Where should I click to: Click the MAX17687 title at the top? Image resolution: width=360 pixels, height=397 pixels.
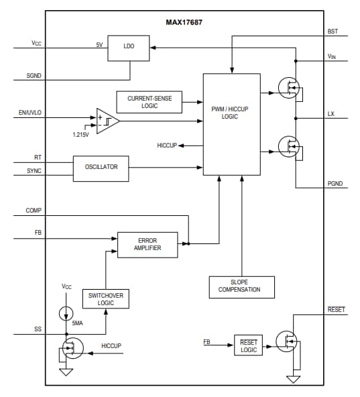coord(184,22)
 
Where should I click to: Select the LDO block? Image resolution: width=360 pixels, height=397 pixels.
coord(129,46)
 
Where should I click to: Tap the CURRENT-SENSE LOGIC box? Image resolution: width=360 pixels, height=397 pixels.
coord(149,102)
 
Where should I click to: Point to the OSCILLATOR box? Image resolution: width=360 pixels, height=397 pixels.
coord(101,168)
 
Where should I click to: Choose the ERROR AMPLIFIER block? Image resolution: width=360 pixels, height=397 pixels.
coord(147,244)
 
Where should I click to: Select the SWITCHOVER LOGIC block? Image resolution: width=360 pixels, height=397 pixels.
coord(105,299)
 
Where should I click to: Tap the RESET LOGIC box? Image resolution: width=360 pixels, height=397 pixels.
coord(248,346)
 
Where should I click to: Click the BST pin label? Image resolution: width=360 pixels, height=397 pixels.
coord(333,32)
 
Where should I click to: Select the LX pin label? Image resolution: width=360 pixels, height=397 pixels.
coord(331,114)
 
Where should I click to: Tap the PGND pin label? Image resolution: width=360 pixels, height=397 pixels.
coord(334,182)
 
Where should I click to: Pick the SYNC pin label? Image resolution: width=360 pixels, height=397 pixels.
coord(34,171)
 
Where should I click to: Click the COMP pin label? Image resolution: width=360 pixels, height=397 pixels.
coord(34,210)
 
